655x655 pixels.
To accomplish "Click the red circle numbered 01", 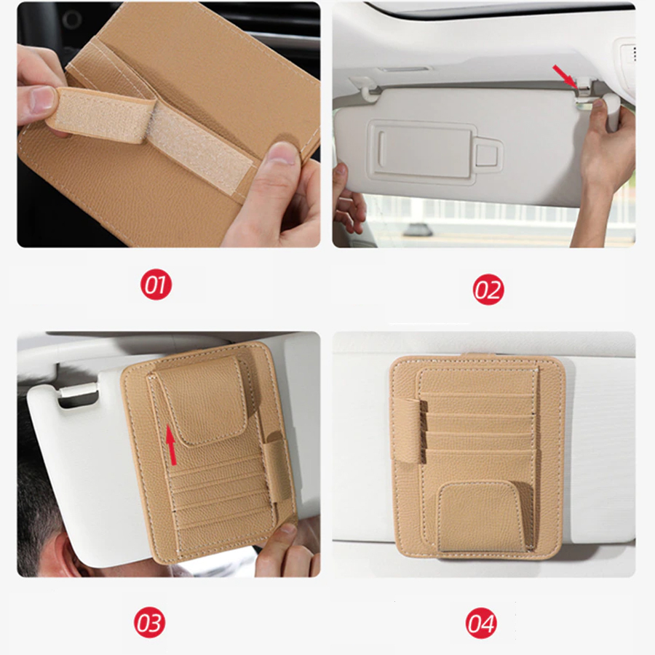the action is pyautogui.click(x=156, y=285).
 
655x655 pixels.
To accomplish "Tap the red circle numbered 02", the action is pyautogui.click(x=488, y=290).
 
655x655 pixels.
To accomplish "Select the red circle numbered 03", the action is pyautogui.click(x=149, y=622).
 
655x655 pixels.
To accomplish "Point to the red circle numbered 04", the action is pyautogui.click(x=481, y=623).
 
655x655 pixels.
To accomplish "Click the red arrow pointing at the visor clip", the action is pyautogui.click(x=565, y=76).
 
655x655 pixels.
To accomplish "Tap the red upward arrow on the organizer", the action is pyautogui.click(x=171, y=445).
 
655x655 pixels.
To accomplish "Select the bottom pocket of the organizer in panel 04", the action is pyautogui.click(x=480, y=516).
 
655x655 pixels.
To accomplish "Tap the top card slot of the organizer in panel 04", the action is pyautogui.click(x=478, y=381).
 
